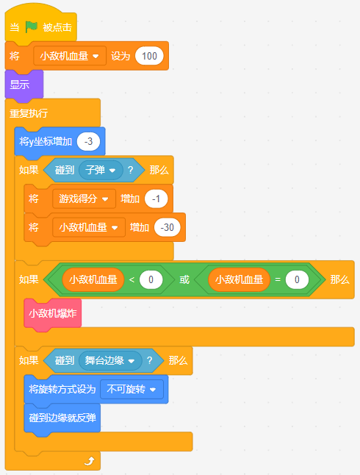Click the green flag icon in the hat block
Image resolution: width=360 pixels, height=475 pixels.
coord(31,27)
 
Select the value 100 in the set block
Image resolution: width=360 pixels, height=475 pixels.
coord(149,56)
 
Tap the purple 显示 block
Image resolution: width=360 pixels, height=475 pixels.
coord(24,85)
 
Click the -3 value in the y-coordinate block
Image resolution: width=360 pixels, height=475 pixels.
coord(88,141)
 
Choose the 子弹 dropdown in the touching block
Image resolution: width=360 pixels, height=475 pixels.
coord(101,170)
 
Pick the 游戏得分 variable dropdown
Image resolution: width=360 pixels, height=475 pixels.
coord(84,199)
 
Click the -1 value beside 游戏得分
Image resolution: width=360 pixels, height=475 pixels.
coord(156,199)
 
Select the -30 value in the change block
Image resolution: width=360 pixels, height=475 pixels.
coord(167,227)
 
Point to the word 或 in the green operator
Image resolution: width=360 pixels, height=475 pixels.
coord(184,279)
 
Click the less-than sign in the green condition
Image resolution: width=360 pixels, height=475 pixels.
coord(132,279)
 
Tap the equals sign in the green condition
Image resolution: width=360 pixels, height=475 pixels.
coord(278,279)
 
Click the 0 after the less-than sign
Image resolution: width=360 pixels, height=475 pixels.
coord(151,279)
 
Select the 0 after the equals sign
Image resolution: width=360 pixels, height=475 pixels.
coord(297,279)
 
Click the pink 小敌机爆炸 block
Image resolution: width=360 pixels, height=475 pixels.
coord(53,313)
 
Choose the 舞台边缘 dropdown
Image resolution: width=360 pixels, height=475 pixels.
coord(110,360)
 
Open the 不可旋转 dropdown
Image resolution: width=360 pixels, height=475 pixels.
coord(132,389)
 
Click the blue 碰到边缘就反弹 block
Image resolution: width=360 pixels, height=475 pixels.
coord(62,418)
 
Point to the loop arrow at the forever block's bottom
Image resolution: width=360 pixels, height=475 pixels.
coord(90,461)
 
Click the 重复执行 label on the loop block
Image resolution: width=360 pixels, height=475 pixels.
coord(29,113)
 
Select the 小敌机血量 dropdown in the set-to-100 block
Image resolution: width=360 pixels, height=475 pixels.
coord(70,56)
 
